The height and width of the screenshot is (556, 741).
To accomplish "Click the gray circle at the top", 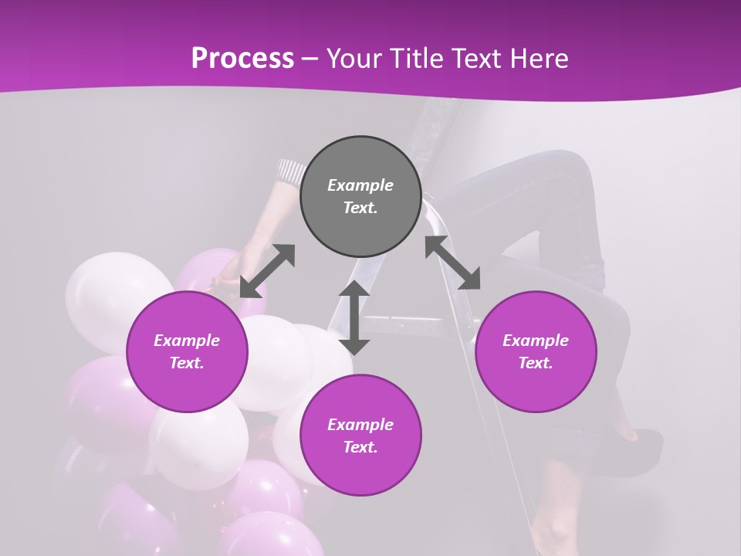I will pyautogui.click(x=360, y=196).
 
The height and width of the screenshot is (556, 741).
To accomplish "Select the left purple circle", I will pyautogui.click(x=187, y=351).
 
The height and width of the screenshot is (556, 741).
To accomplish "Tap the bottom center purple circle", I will pyautogui.click(x=360, y=435).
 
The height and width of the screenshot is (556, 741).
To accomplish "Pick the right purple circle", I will pyautogui.click(x=535, y=351).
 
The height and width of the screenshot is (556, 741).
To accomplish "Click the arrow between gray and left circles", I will pyautogui.click(x=267, y=271).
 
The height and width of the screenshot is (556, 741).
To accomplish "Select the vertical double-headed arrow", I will pyautogui.click(x=354, y=317).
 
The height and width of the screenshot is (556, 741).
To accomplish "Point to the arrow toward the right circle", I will pyautogui.click(x=453, y=263).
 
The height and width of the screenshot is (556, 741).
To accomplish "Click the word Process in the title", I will pyautogui.click(x=242, y=58).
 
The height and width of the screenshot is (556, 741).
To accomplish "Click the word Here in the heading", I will pyautogui.click(x=540, y=58).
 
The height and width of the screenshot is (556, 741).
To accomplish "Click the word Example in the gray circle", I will pyautogui.click(x=360, y=185).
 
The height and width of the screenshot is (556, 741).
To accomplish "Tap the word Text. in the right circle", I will pyautogui.click(x=535, y=363).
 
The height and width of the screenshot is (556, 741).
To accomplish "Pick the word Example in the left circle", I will pyautogui.click(x=187, y=341).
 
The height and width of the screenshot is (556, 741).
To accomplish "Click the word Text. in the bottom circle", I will pyautogui.click(x=360, y=447).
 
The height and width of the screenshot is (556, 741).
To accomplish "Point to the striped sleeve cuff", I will pyautogui.click(x=292, y=170).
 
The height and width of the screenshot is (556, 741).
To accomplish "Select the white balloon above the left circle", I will pyautogui.click(x=116, y=290).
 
